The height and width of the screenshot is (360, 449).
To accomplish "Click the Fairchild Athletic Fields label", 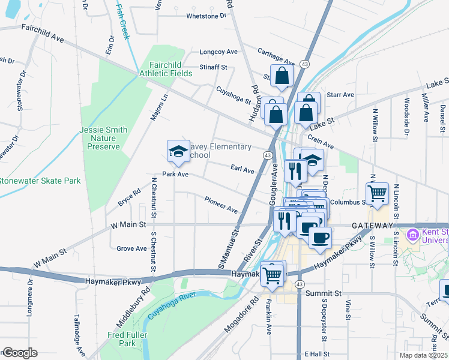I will coord(166,69).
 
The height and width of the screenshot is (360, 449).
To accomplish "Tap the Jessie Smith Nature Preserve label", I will coord(103,138).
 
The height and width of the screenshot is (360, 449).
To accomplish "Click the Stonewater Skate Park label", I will coord(40,181).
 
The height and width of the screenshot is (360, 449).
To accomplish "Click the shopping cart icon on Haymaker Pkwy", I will coord(273,275).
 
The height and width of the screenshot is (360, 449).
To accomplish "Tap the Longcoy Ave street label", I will coord(218,52).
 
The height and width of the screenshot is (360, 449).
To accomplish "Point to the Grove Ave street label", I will coord(132,248).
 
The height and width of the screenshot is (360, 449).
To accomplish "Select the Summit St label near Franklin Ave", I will coord(323,293).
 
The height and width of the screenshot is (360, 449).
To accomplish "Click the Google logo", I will coord(19,353).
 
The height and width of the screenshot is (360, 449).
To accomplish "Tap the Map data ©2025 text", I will coord(424,355).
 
